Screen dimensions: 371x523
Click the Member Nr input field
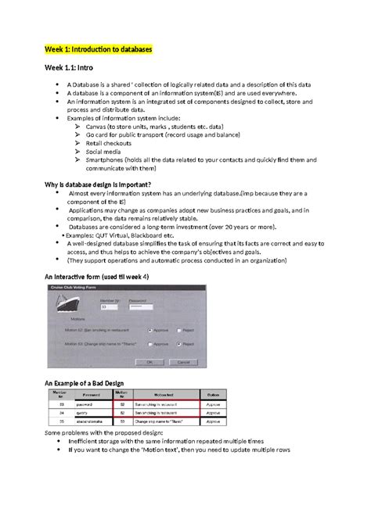coord(108,306)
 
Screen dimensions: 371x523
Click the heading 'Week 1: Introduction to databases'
coord(98,48)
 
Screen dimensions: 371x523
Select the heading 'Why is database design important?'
coord(103,184)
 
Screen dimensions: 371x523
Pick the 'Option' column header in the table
coord(213,394)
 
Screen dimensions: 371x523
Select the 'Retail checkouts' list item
coord(106,143)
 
